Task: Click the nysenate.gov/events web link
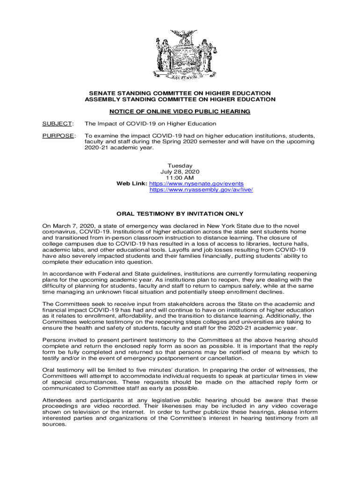click(196, 184)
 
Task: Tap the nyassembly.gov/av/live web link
click(201, 190)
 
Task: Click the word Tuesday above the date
click(180, 166)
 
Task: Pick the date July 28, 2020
click(180, 172)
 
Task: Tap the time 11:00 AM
click(180, 178)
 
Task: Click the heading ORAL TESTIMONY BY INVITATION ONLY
click(180, 214)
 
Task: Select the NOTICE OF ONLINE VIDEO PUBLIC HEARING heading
click(180, 111)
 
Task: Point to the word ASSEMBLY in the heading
click(101, 100)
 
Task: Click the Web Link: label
click(132, 184)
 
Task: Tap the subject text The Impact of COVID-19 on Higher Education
click(150, 123)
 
